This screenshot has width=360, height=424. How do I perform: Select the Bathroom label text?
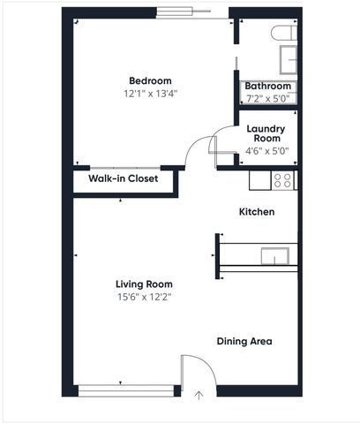(268, 86)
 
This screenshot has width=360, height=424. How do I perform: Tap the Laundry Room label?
(265, 133)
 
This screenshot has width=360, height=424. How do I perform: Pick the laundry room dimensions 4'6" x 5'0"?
(266, 151)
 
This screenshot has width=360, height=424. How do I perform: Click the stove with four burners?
(283, 180)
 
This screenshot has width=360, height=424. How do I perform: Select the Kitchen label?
(257, 212)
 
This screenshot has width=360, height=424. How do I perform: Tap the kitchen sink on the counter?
(274, 256)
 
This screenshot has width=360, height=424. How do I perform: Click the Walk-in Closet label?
(123, 178)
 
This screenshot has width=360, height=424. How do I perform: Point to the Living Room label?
(144, 284)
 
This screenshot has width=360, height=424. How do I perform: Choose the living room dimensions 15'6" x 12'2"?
(144, 297)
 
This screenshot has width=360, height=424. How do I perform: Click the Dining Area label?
(244, 341)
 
